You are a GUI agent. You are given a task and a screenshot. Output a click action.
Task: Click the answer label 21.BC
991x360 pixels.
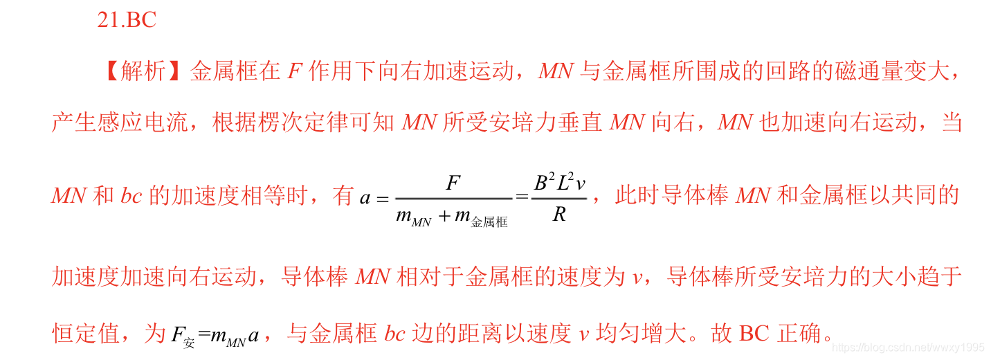[x=127, y=21]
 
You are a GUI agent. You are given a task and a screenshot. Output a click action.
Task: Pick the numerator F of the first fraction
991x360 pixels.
[x=453, y=183]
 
